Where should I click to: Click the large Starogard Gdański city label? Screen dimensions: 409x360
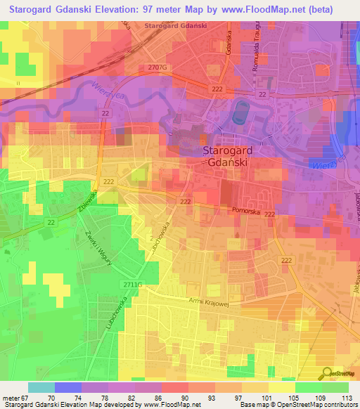click(228, 156)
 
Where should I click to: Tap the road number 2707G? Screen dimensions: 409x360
click(158, 67)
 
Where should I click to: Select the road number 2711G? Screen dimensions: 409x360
click(131, 283)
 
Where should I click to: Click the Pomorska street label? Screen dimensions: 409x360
click(245, 210)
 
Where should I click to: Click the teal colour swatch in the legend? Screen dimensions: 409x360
click(41, 387)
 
